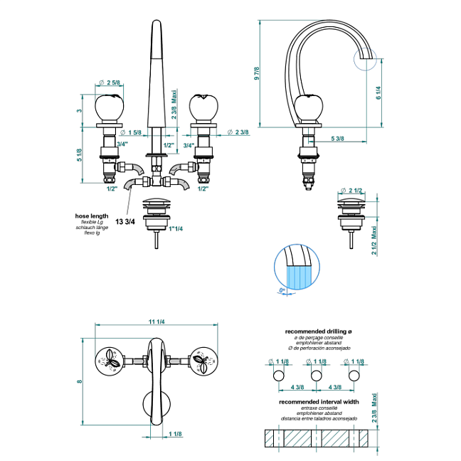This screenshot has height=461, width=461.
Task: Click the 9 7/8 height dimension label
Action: click(x=257, y=73)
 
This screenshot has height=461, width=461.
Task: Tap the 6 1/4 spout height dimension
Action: click(x=377, y=93)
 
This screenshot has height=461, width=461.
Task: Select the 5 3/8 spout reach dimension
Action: click(x=338, y=138)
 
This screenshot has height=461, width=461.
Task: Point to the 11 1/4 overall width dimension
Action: click(x=157, y=322)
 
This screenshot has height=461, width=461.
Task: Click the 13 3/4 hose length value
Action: click(x=124, y=221)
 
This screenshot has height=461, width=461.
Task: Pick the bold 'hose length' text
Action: click(x=91, y=216)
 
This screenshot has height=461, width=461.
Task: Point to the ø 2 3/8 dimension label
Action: click(x=238, y=132)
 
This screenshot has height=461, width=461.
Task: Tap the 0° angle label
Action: click(x=282, y=291)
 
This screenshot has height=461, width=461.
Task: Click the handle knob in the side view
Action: click(x=308, y=108)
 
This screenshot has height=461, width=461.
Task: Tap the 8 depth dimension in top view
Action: click(x=80, y=382)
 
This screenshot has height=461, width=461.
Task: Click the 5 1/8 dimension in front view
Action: click(x=80, y=154)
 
